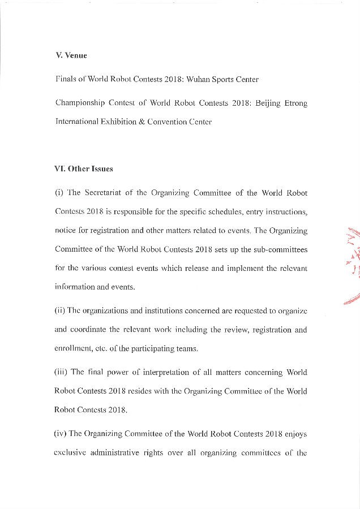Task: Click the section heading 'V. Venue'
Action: point(71,55)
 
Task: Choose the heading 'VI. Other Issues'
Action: point(84,169)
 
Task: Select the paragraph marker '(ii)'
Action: point(61,311)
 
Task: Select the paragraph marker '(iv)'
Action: point(62,434)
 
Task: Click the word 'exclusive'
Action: point(72,452)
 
